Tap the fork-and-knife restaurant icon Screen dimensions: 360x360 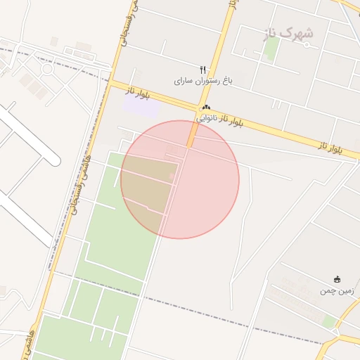coord(203,70)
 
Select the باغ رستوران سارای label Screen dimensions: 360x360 coord(203,82)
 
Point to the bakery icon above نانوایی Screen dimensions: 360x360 coord(206,108)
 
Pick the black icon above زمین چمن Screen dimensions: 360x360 coord(337,279)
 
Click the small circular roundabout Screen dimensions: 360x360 coord(47,69)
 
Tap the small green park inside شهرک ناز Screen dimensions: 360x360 coord(271,48)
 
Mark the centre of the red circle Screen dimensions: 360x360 coord(180,179)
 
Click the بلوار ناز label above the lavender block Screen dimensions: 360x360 coord(139,91)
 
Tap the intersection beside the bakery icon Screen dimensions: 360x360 coord(198,109)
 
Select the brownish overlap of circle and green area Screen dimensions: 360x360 coord(148,183)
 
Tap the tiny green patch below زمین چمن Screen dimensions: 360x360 coord(328,321)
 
